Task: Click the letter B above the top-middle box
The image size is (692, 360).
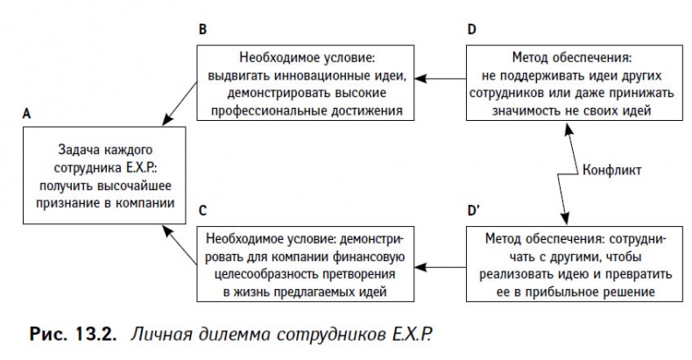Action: click(203, 30)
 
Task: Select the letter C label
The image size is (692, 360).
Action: click(203, 210)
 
